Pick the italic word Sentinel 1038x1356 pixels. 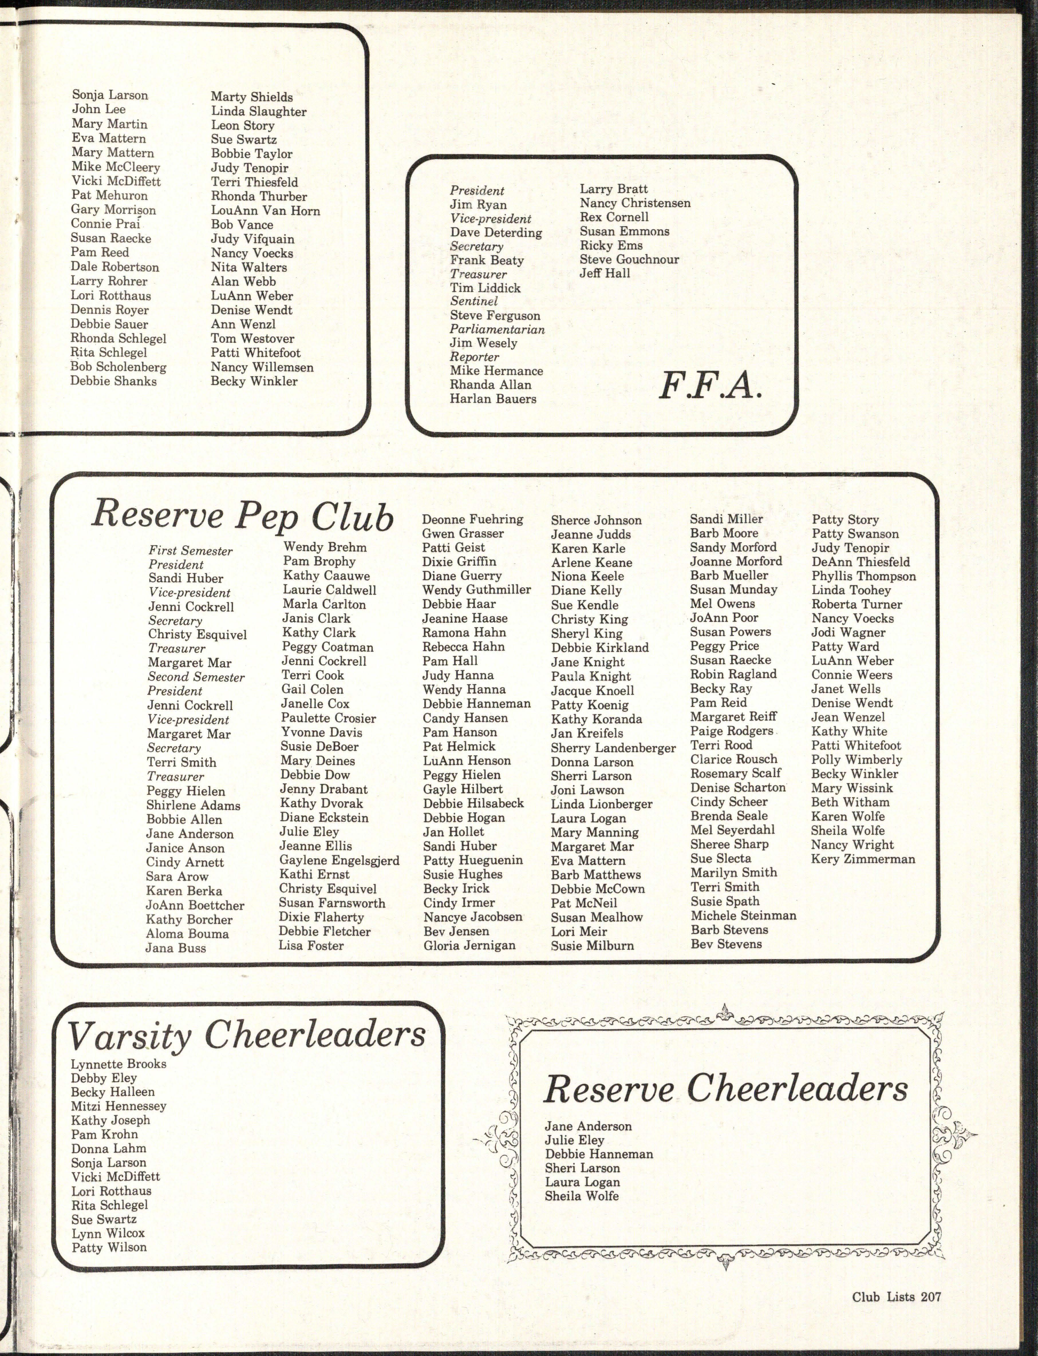(474, 301)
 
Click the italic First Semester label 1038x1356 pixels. (190, 551)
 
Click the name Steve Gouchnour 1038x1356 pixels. (629, 259)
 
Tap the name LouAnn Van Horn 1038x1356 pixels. (266, 211)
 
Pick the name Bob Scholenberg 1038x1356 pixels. (118, 367)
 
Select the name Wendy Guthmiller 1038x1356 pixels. (476, 590)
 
